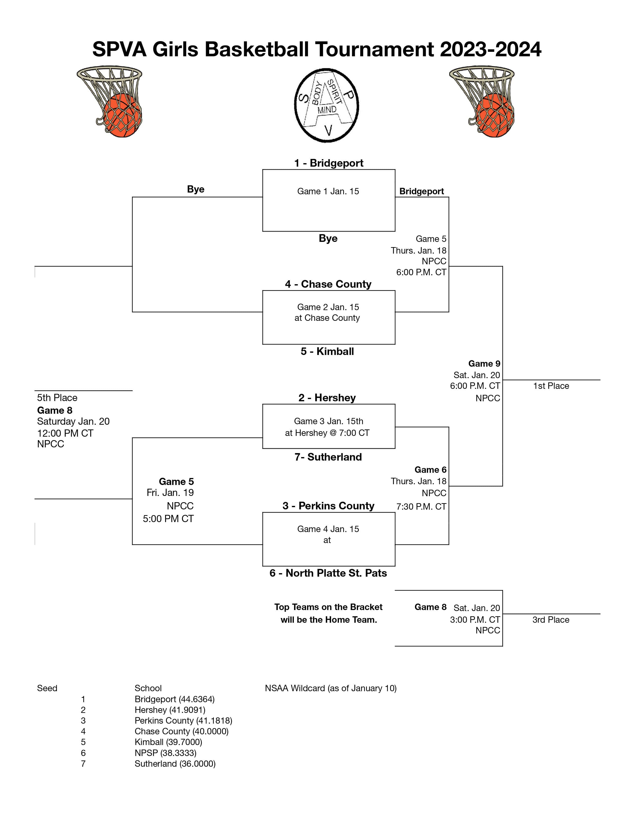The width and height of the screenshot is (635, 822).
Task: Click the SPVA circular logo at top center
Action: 326,105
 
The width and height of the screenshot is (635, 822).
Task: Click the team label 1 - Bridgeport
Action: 328,163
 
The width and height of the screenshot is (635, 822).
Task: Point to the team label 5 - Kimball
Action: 327,351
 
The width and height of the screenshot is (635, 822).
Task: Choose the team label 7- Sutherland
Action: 328,457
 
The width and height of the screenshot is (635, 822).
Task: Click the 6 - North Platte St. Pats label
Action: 328,573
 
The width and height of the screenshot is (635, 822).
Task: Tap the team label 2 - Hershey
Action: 327,398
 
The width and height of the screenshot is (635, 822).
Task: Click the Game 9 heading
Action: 484,364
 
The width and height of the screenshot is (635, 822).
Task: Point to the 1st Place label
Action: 551,386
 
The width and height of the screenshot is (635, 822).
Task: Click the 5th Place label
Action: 57,398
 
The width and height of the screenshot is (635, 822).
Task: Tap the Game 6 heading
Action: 430,470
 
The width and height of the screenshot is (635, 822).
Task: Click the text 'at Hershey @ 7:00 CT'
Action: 327,433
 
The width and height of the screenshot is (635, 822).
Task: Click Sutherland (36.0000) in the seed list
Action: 175,764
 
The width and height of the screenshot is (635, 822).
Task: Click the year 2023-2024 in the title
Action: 490,49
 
